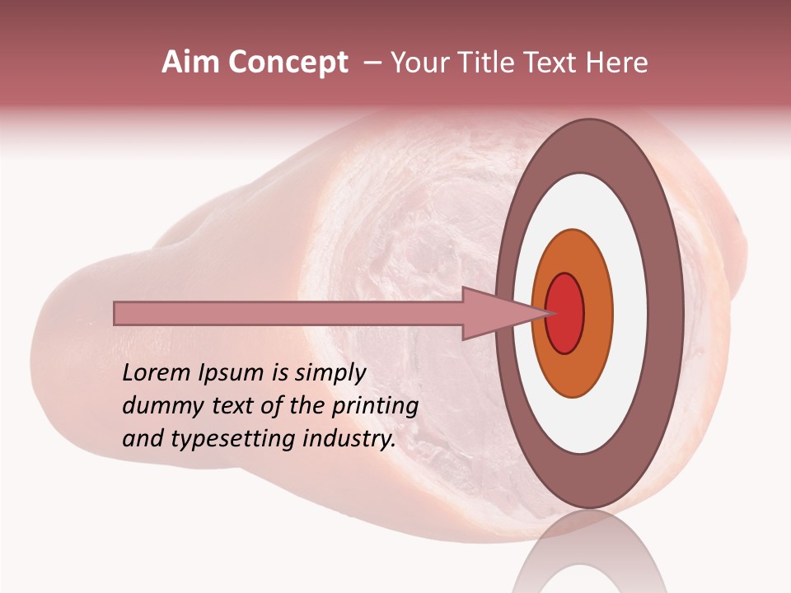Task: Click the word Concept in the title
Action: coord(288,63)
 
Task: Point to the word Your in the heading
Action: coord(420,63)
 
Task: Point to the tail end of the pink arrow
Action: coord(117,313)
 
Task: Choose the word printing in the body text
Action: coord(375,407)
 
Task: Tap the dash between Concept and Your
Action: coord(372,63)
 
